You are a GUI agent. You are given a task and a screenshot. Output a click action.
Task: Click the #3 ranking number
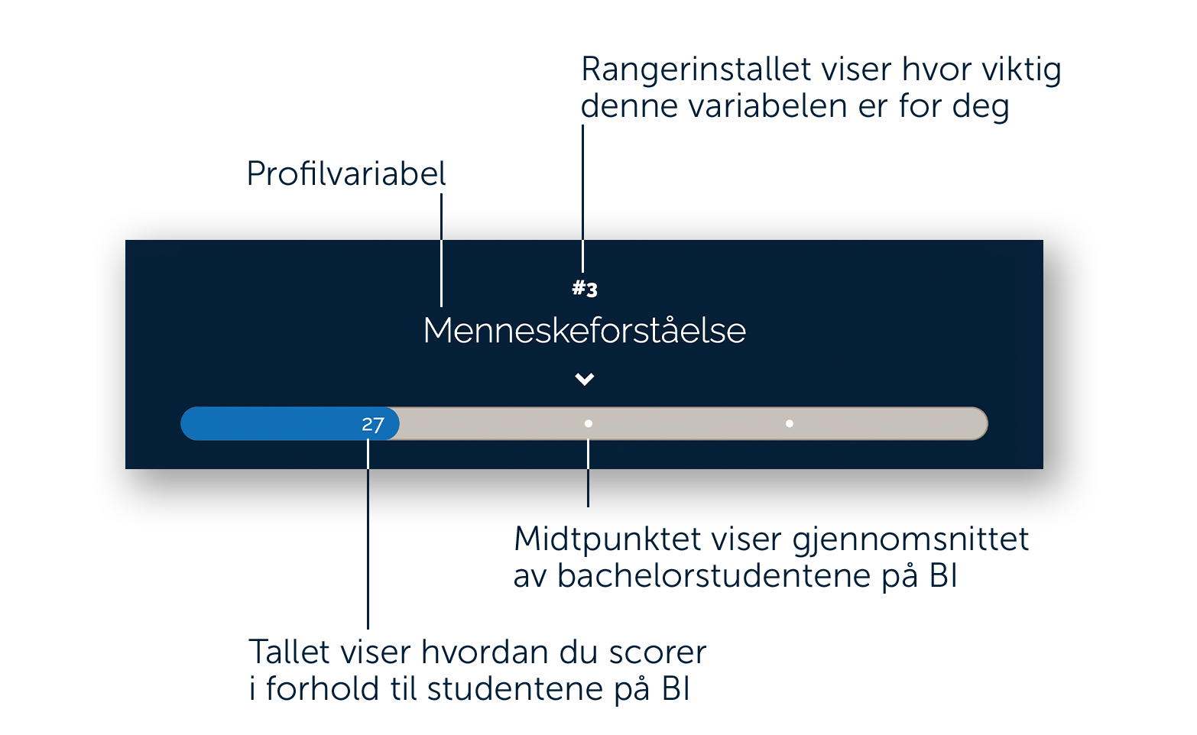point(584,289)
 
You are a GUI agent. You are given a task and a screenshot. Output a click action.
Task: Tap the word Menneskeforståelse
point(584,331)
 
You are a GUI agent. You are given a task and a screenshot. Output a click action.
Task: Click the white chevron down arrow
point(584,379)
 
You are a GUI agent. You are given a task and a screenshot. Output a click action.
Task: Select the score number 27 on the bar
point(372,425)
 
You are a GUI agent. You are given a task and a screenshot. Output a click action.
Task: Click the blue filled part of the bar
point(290,423)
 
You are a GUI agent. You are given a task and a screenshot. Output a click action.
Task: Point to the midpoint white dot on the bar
point(588,423)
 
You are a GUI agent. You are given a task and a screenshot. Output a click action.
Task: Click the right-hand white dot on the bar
point(790,423)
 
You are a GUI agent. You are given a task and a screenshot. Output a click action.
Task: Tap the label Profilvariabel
point(345,173)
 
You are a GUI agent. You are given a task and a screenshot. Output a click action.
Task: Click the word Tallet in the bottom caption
point(289,652)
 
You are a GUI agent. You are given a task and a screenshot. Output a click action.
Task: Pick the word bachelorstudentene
point(714,576)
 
